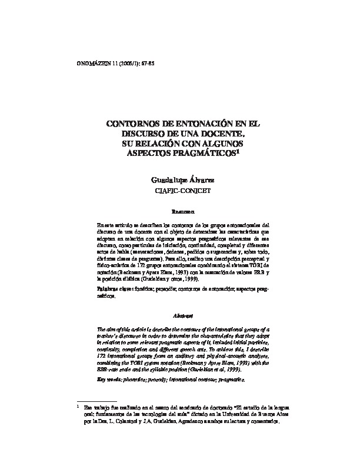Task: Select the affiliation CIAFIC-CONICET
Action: pos(182,192)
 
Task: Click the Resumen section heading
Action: pos(182,211)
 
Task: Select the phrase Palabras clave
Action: pos(112,291)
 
